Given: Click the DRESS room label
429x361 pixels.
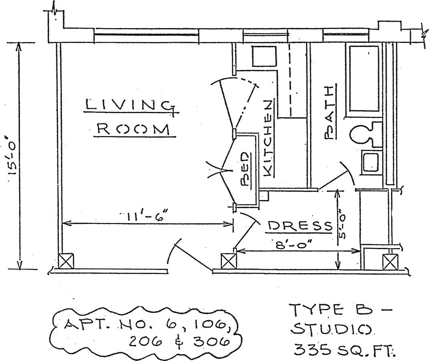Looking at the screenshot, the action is pos(300,227).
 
